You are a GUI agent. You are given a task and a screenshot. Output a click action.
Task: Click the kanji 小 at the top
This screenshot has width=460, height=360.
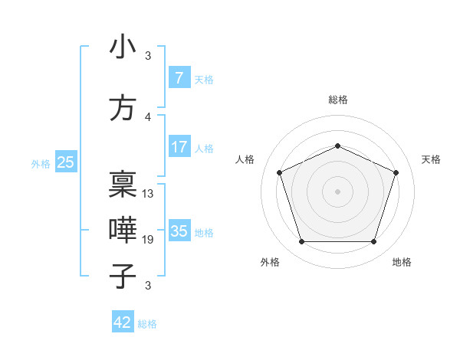[x=122, y=47]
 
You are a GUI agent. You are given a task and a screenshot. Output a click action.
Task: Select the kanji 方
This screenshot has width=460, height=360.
[x=122, y=108]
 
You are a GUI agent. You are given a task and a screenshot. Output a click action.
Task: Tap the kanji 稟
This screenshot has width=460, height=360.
[x=122, y=184]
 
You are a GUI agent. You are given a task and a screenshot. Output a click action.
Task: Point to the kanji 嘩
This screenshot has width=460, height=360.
[x=122, y=230]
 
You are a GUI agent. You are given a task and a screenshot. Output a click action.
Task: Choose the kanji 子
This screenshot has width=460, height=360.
[x=122, y=276]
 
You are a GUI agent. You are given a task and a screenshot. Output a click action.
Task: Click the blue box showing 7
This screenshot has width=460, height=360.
[x=179, y=78]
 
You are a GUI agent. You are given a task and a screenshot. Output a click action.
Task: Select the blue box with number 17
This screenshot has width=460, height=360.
[x=179, y=147]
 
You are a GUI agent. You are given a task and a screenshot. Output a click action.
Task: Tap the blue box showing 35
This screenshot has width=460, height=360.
[x=179, y=231]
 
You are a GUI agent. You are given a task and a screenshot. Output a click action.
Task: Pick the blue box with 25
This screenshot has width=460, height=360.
[x=65, y=162]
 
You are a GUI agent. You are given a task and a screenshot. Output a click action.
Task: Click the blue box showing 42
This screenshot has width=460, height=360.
[x=123, y=322]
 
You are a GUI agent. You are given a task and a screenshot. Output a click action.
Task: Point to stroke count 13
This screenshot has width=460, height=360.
[x=148, y=193]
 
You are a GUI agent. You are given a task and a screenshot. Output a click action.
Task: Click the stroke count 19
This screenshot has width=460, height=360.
[x=148, y=240]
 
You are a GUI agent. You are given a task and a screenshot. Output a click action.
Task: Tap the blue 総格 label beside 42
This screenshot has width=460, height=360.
[x=147, y=324]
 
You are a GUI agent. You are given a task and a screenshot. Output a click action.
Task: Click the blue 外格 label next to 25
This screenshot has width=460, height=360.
[x=41, y=163]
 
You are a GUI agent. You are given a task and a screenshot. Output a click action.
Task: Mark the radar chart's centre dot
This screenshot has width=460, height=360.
[x=337, y=191]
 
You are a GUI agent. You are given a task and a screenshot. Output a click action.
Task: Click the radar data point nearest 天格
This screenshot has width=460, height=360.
[x=396, y=172]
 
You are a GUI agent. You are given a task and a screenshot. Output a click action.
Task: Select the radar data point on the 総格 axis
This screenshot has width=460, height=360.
[x=337, y=146]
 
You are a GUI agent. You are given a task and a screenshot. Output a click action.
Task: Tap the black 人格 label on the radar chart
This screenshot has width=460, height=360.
[x=245, y=159]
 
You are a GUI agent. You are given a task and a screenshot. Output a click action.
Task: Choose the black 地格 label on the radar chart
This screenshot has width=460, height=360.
[x=401, y=262]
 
